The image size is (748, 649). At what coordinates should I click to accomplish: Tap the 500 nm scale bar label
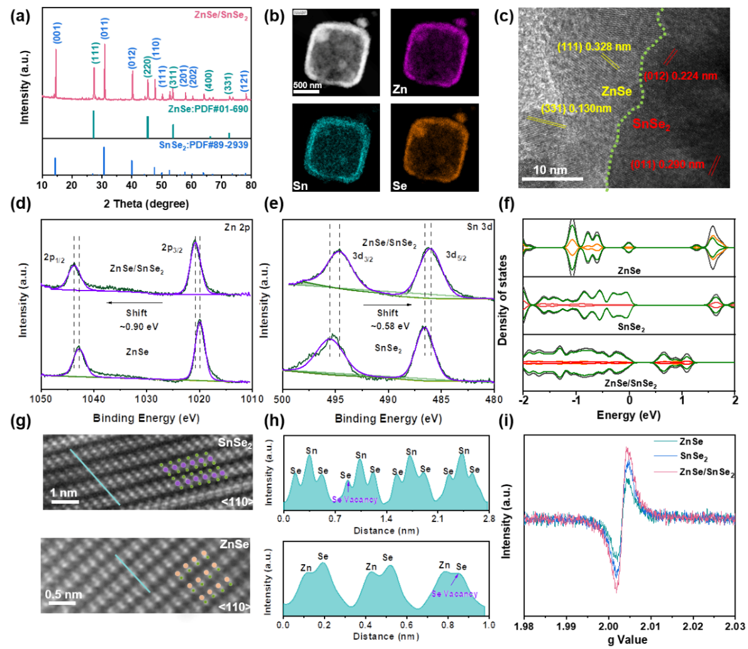coord(308,85)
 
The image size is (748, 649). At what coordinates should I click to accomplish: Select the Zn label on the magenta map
coord(399,89)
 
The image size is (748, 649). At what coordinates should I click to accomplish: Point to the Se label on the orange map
coord(399,187)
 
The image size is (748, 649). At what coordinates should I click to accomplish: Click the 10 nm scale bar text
coord(550,170)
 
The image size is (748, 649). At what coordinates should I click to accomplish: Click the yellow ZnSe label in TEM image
coord(617,92)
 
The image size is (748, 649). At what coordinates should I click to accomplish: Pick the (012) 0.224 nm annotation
coord(681,76)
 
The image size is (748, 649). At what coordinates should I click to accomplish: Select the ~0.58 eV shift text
coord(388,326)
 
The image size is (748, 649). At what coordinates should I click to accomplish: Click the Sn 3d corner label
coord(481,227)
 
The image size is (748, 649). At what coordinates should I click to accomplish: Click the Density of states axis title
coord(503,299)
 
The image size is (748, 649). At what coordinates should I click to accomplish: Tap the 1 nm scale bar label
coord(64,492)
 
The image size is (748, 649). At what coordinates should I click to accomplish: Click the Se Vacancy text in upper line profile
coord(355,500)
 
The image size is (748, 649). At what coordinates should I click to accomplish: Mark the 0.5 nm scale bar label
coord(64,594)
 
